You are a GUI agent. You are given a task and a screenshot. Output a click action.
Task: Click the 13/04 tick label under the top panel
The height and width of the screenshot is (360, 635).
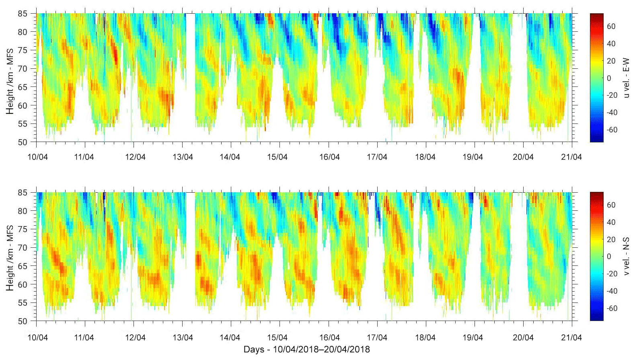(x=183, y=157)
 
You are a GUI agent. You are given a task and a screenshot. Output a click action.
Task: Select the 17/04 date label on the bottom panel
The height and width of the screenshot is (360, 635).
(x=377, y=337)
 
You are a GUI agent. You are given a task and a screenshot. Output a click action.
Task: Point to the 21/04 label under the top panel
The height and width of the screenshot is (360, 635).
(x=571, y=157)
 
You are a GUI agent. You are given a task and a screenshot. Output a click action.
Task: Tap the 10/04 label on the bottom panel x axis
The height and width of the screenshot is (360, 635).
(x=37, y=337)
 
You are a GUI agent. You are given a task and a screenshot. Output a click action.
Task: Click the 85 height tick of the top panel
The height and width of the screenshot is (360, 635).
(x=23, y=14)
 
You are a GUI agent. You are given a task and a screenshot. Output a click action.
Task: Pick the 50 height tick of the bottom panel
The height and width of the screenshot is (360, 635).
(x=23, y=321)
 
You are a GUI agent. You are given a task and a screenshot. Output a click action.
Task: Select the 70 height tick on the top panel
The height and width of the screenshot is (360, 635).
(x=23, y=69)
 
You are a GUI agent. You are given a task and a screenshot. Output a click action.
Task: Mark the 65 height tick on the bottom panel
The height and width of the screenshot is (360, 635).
(x=23, y=266)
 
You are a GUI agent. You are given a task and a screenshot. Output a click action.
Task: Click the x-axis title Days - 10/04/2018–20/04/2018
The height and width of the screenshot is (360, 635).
(x=306, y=349)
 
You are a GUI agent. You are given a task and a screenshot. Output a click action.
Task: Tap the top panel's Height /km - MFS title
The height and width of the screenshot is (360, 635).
(x=10, y=81)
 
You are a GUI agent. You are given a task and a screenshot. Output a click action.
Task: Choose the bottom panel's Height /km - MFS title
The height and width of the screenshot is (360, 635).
(x=10, y=258)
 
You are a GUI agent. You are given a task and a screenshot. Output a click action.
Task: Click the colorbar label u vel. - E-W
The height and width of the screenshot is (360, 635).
(x=626, y=78)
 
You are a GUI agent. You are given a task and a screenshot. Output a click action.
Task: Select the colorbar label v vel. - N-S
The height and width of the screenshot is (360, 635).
(x=626, y=256)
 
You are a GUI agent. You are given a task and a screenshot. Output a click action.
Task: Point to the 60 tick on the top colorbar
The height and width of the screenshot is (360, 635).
(x=611, y=27)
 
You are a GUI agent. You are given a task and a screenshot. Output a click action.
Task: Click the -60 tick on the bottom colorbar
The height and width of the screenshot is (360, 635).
(x=611, y=309)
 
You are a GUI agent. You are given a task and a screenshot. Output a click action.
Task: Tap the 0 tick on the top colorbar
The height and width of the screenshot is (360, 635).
(x=609, y=78)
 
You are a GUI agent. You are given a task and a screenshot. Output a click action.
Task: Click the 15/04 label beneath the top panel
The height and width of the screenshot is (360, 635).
(x=277, y=157)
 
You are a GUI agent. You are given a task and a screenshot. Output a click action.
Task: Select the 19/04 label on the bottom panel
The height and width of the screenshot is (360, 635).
(x=473, y=337)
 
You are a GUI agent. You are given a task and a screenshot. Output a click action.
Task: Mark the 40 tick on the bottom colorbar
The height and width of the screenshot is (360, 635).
(x=611, y=222)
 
